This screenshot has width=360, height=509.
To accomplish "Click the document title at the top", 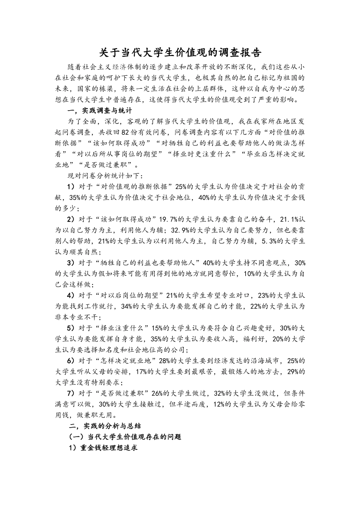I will coord(180,52).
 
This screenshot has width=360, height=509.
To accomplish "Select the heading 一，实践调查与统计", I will coord(99,111).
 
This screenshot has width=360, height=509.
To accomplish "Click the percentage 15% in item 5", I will coord(158,328).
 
